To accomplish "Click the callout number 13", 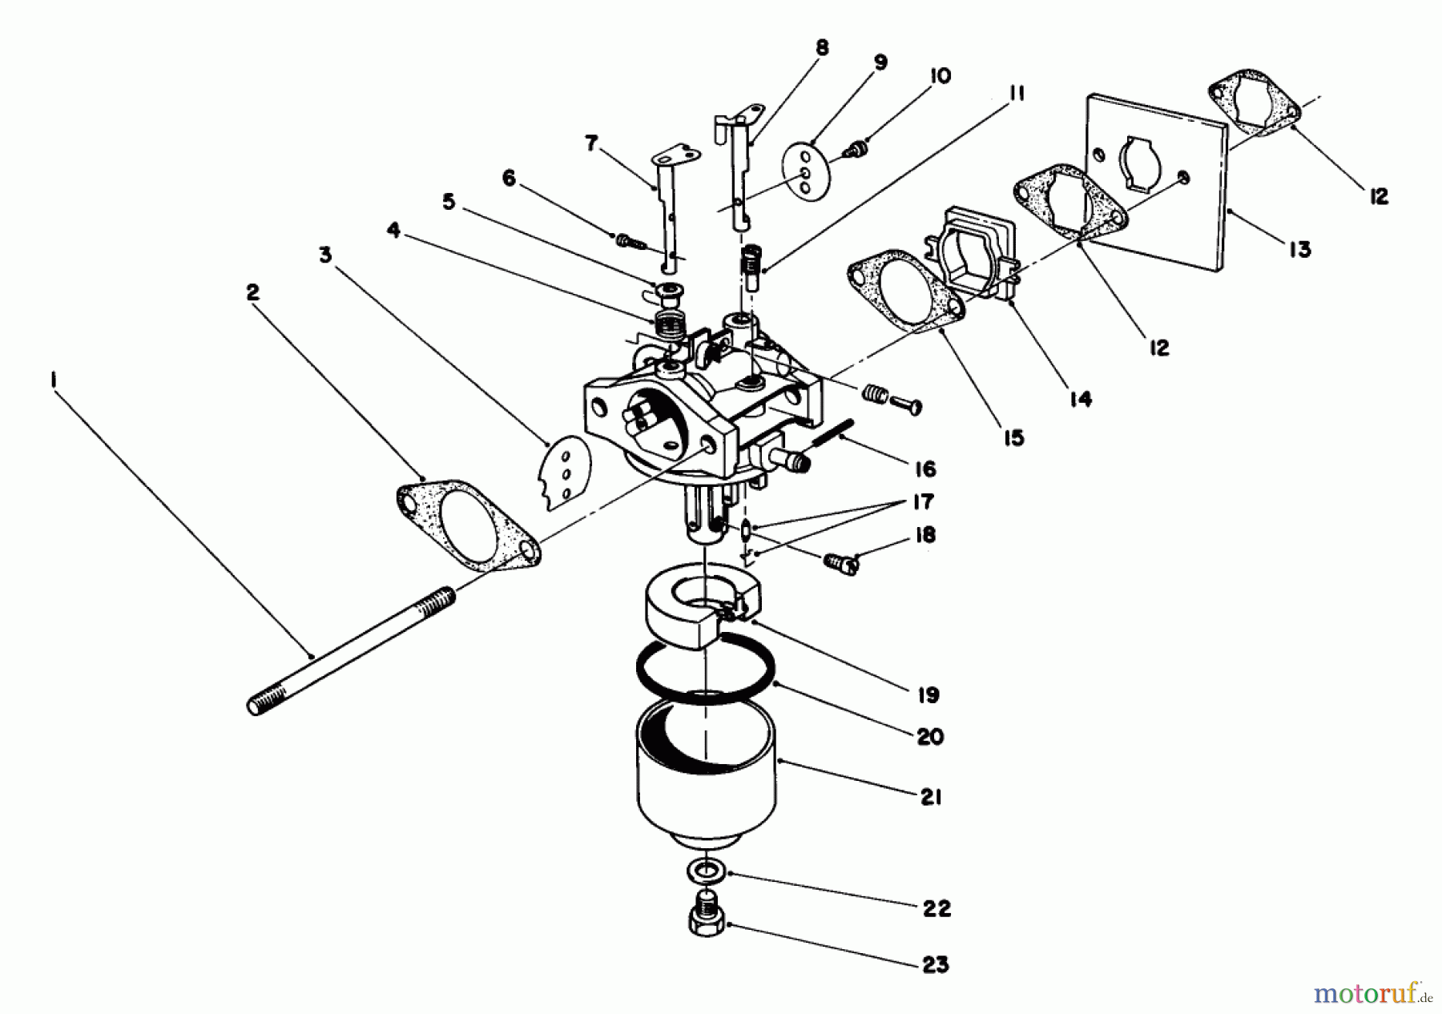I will tap(1299, 250).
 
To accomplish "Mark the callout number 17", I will tap(923, 502).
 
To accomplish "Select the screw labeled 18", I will tap(840, 563).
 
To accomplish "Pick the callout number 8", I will tap(822, 48).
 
